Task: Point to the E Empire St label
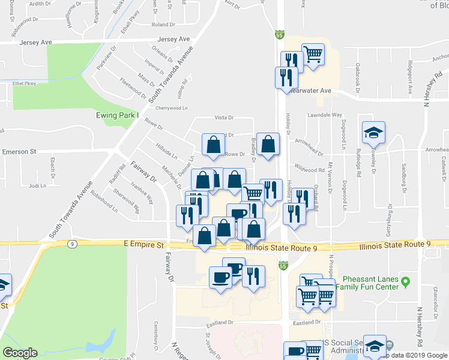(x=143, y=245)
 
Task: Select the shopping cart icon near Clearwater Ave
(x=313, y=54)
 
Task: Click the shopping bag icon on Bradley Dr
(x=268, y=145)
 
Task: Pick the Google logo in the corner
(x=20, y=353)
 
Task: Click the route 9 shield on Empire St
(x=72, y=244)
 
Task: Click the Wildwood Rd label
(x=309, y=170)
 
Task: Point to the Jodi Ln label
(x=37, y=186)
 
